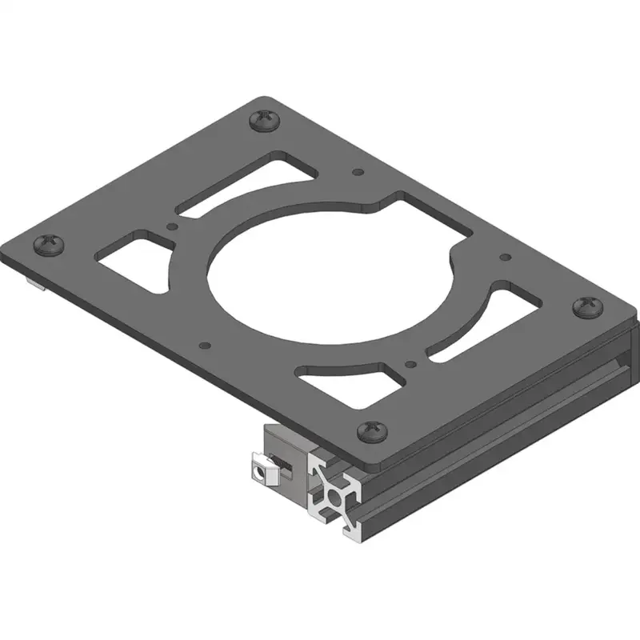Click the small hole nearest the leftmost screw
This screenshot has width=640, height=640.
[x=170, y=227]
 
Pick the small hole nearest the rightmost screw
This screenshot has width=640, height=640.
[x=505, y=258]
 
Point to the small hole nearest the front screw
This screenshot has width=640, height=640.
[x=410, y=363]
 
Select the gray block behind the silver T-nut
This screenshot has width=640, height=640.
[x=284, y=452]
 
